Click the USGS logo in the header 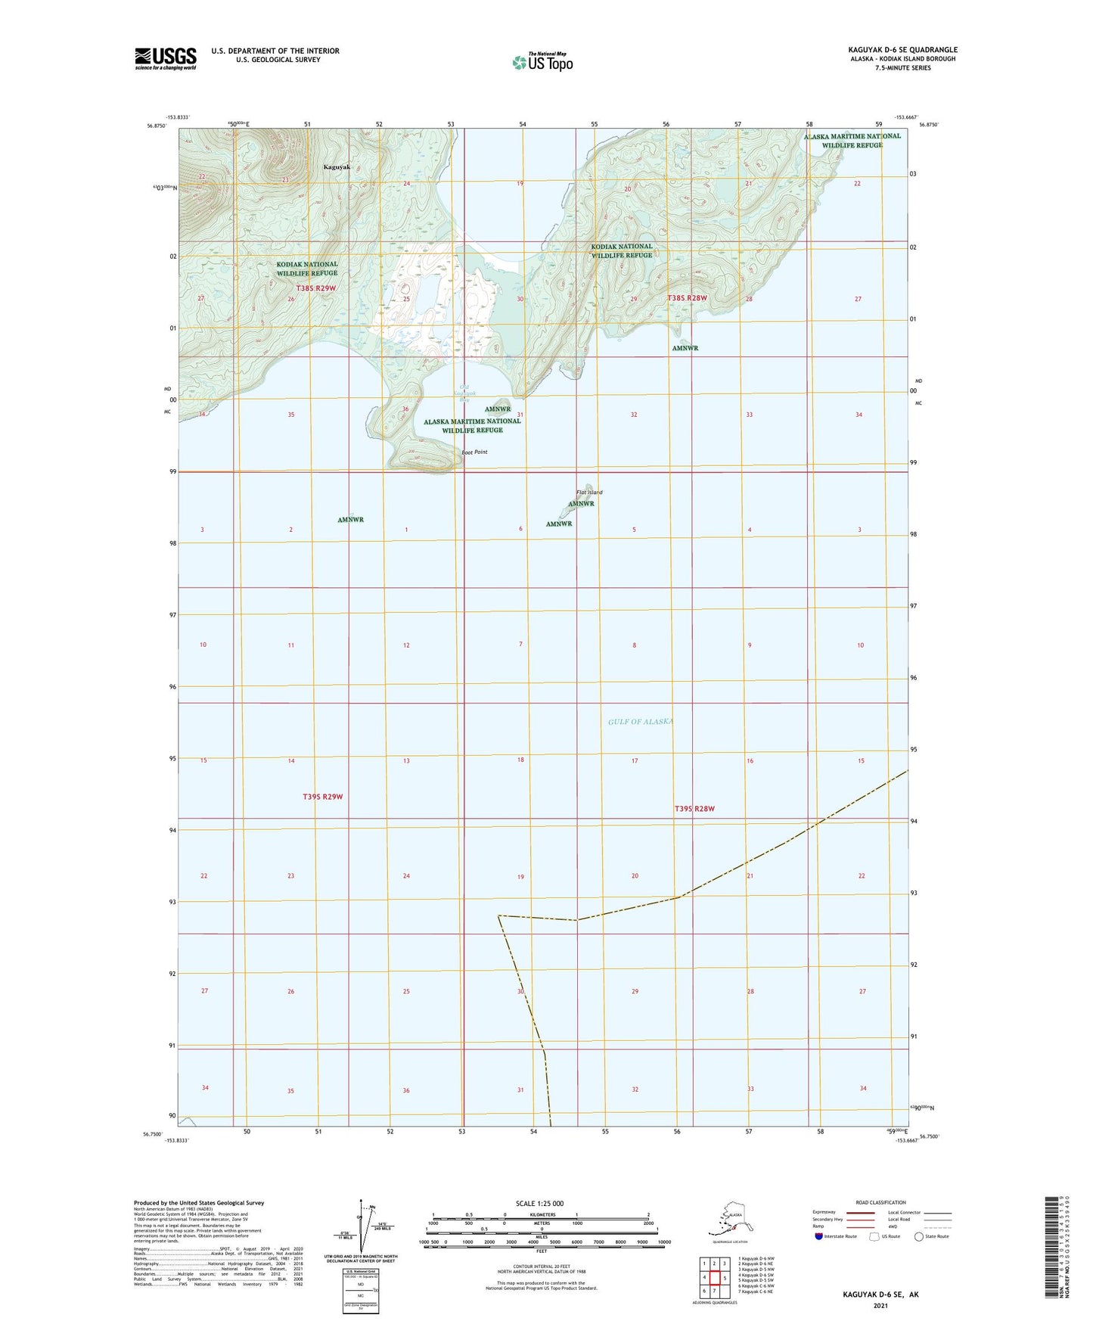click(x=165, y=58)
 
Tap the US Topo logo click(x=542, y=62)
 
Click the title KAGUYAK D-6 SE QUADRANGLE click(x=902, y=50)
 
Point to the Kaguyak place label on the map click(x=337, y=166)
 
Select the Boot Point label click(x=474, y=452)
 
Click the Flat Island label click(x=589, y=493)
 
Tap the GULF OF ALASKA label click(x=640, y=722)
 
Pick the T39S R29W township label click(x=323, y=797)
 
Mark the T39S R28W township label click(x=694, y=809)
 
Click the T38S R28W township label click(x=687, y=298)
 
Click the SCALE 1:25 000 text click(x=539, y=1203)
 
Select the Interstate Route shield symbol click(x=819, y=1236)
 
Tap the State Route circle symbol click(x=919, y=1236)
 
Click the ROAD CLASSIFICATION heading click(x=880, y=1202)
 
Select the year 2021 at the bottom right click(x=880, y=1305)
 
